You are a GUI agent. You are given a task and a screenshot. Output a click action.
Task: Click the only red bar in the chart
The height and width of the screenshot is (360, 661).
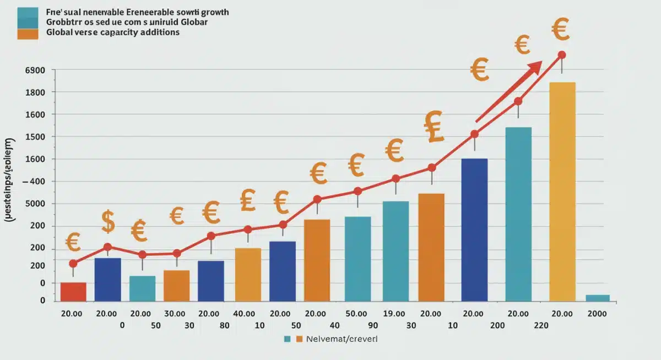73,292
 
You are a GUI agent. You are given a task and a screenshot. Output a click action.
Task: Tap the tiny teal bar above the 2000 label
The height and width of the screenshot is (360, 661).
597,298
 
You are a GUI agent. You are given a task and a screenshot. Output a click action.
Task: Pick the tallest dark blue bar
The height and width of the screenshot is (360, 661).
474,230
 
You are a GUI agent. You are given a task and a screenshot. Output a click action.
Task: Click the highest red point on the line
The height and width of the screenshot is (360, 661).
562,54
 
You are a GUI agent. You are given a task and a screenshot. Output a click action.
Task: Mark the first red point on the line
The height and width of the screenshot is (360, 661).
73,264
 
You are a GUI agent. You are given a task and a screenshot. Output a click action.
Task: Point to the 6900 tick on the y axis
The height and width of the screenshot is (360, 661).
34,70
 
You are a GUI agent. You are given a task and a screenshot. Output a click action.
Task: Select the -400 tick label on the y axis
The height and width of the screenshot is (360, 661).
34,182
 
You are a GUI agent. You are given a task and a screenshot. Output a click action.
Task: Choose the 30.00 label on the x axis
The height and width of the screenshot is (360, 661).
175,313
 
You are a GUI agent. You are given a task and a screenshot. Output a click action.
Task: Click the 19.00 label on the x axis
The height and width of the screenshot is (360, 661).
394,313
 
